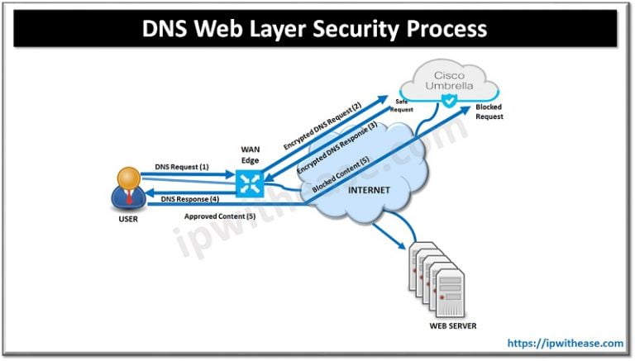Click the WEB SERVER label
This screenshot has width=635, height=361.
pyautogui.click(x=452, y=325)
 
